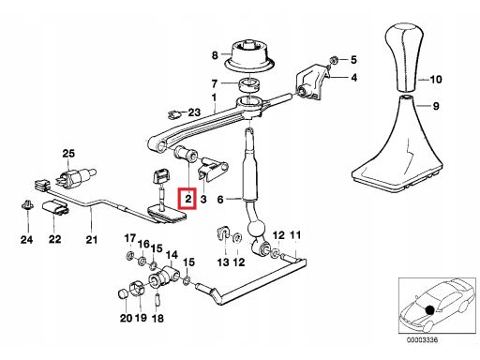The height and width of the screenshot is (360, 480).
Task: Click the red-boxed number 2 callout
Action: coord(187,199)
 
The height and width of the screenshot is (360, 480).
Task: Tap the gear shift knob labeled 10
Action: coord(404,56)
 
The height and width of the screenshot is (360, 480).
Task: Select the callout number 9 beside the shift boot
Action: coord(436,106)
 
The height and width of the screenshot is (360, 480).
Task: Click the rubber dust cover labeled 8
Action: coord(250,55)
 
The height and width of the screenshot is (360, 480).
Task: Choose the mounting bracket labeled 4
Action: coord(312,82)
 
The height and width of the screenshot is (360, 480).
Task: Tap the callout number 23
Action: coord(194,112)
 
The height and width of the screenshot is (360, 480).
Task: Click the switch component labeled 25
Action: coord(75,176)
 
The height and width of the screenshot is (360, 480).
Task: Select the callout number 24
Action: coord(26,240)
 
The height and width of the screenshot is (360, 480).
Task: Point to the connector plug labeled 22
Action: coord(55,207)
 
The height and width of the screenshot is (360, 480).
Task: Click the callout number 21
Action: coord(92,240)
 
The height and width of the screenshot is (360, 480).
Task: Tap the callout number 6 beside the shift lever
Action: coord(220,200)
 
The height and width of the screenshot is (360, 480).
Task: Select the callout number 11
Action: coord(295,235)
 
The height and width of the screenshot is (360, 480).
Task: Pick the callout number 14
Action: coord(172,255)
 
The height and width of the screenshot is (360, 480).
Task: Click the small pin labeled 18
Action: coord(157,299)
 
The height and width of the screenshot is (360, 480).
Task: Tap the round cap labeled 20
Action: coord(124,294)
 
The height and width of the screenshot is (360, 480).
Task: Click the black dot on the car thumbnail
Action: coord(430,310)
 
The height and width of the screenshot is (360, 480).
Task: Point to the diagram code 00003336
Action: coord(423,340)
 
